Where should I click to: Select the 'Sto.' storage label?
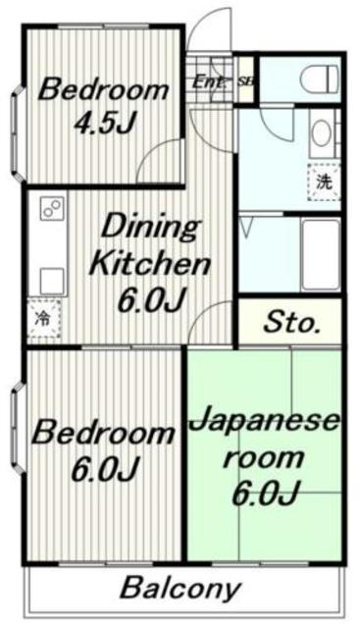(x=289, y=323)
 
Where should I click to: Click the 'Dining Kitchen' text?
(x=149, y=246)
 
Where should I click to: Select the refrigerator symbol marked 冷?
(x=42, y=318)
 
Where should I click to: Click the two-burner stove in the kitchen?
(x=52, y=209)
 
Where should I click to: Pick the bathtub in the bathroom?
(x=320, y=252)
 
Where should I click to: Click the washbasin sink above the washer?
(x=321, y=136)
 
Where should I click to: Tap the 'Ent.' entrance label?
(x=207, y=81)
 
